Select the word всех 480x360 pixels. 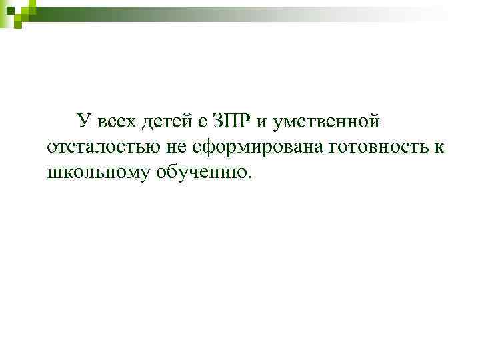point(115,122)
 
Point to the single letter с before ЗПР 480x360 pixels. point(202,123)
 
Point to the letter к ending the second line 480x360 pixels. point(437,148)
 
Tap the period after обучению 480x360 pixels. point(251,177)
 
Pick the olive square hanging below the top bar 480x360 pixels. point(19,24)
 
